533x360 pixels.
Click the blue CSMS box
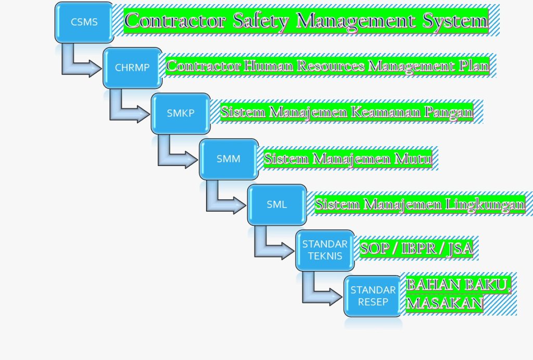(84, 22)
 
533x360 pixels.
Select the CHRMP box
(132, 68)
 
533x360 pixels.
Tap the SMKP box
(181, 113)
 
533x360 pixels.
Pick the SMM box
(229, 159)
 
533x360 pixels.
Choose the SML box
(277, 204)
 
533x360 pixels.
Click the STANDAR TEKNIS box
(325, 250)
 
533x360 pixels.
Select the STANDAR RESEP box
(373, 296)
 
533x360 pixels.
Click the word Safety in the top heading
(261, 21)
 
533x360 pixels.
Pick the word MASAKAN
(445, 303)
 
